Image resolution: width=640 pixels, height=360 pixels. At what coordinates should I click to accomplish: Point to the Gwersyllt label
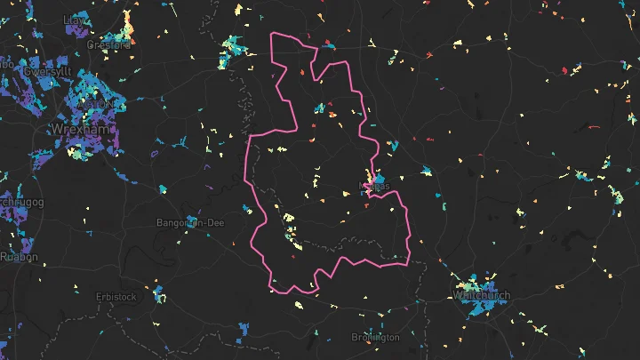click(x=48, y=70)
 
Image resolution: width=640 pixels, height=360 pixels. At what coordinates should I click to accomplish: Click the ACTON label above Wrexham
click(x=98, y=104)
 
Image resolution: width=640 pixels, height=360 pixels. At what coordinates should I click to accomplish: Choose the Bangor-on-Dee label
click(x=189, y=222)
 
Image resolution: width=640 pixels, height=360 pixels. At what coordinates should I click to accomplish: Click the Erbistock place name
click(x=116, y=297)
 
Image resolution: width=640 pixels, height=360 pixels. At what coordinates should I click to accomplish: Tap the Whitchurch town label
click(x=481, y=294)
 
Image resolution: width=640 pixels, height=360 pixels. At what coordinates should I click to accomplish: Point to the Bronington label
click(x=375, y=338)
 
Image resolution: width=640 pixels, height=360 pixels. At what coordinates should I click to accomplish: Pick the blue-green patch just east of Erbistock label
click(x=158, y=293)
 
